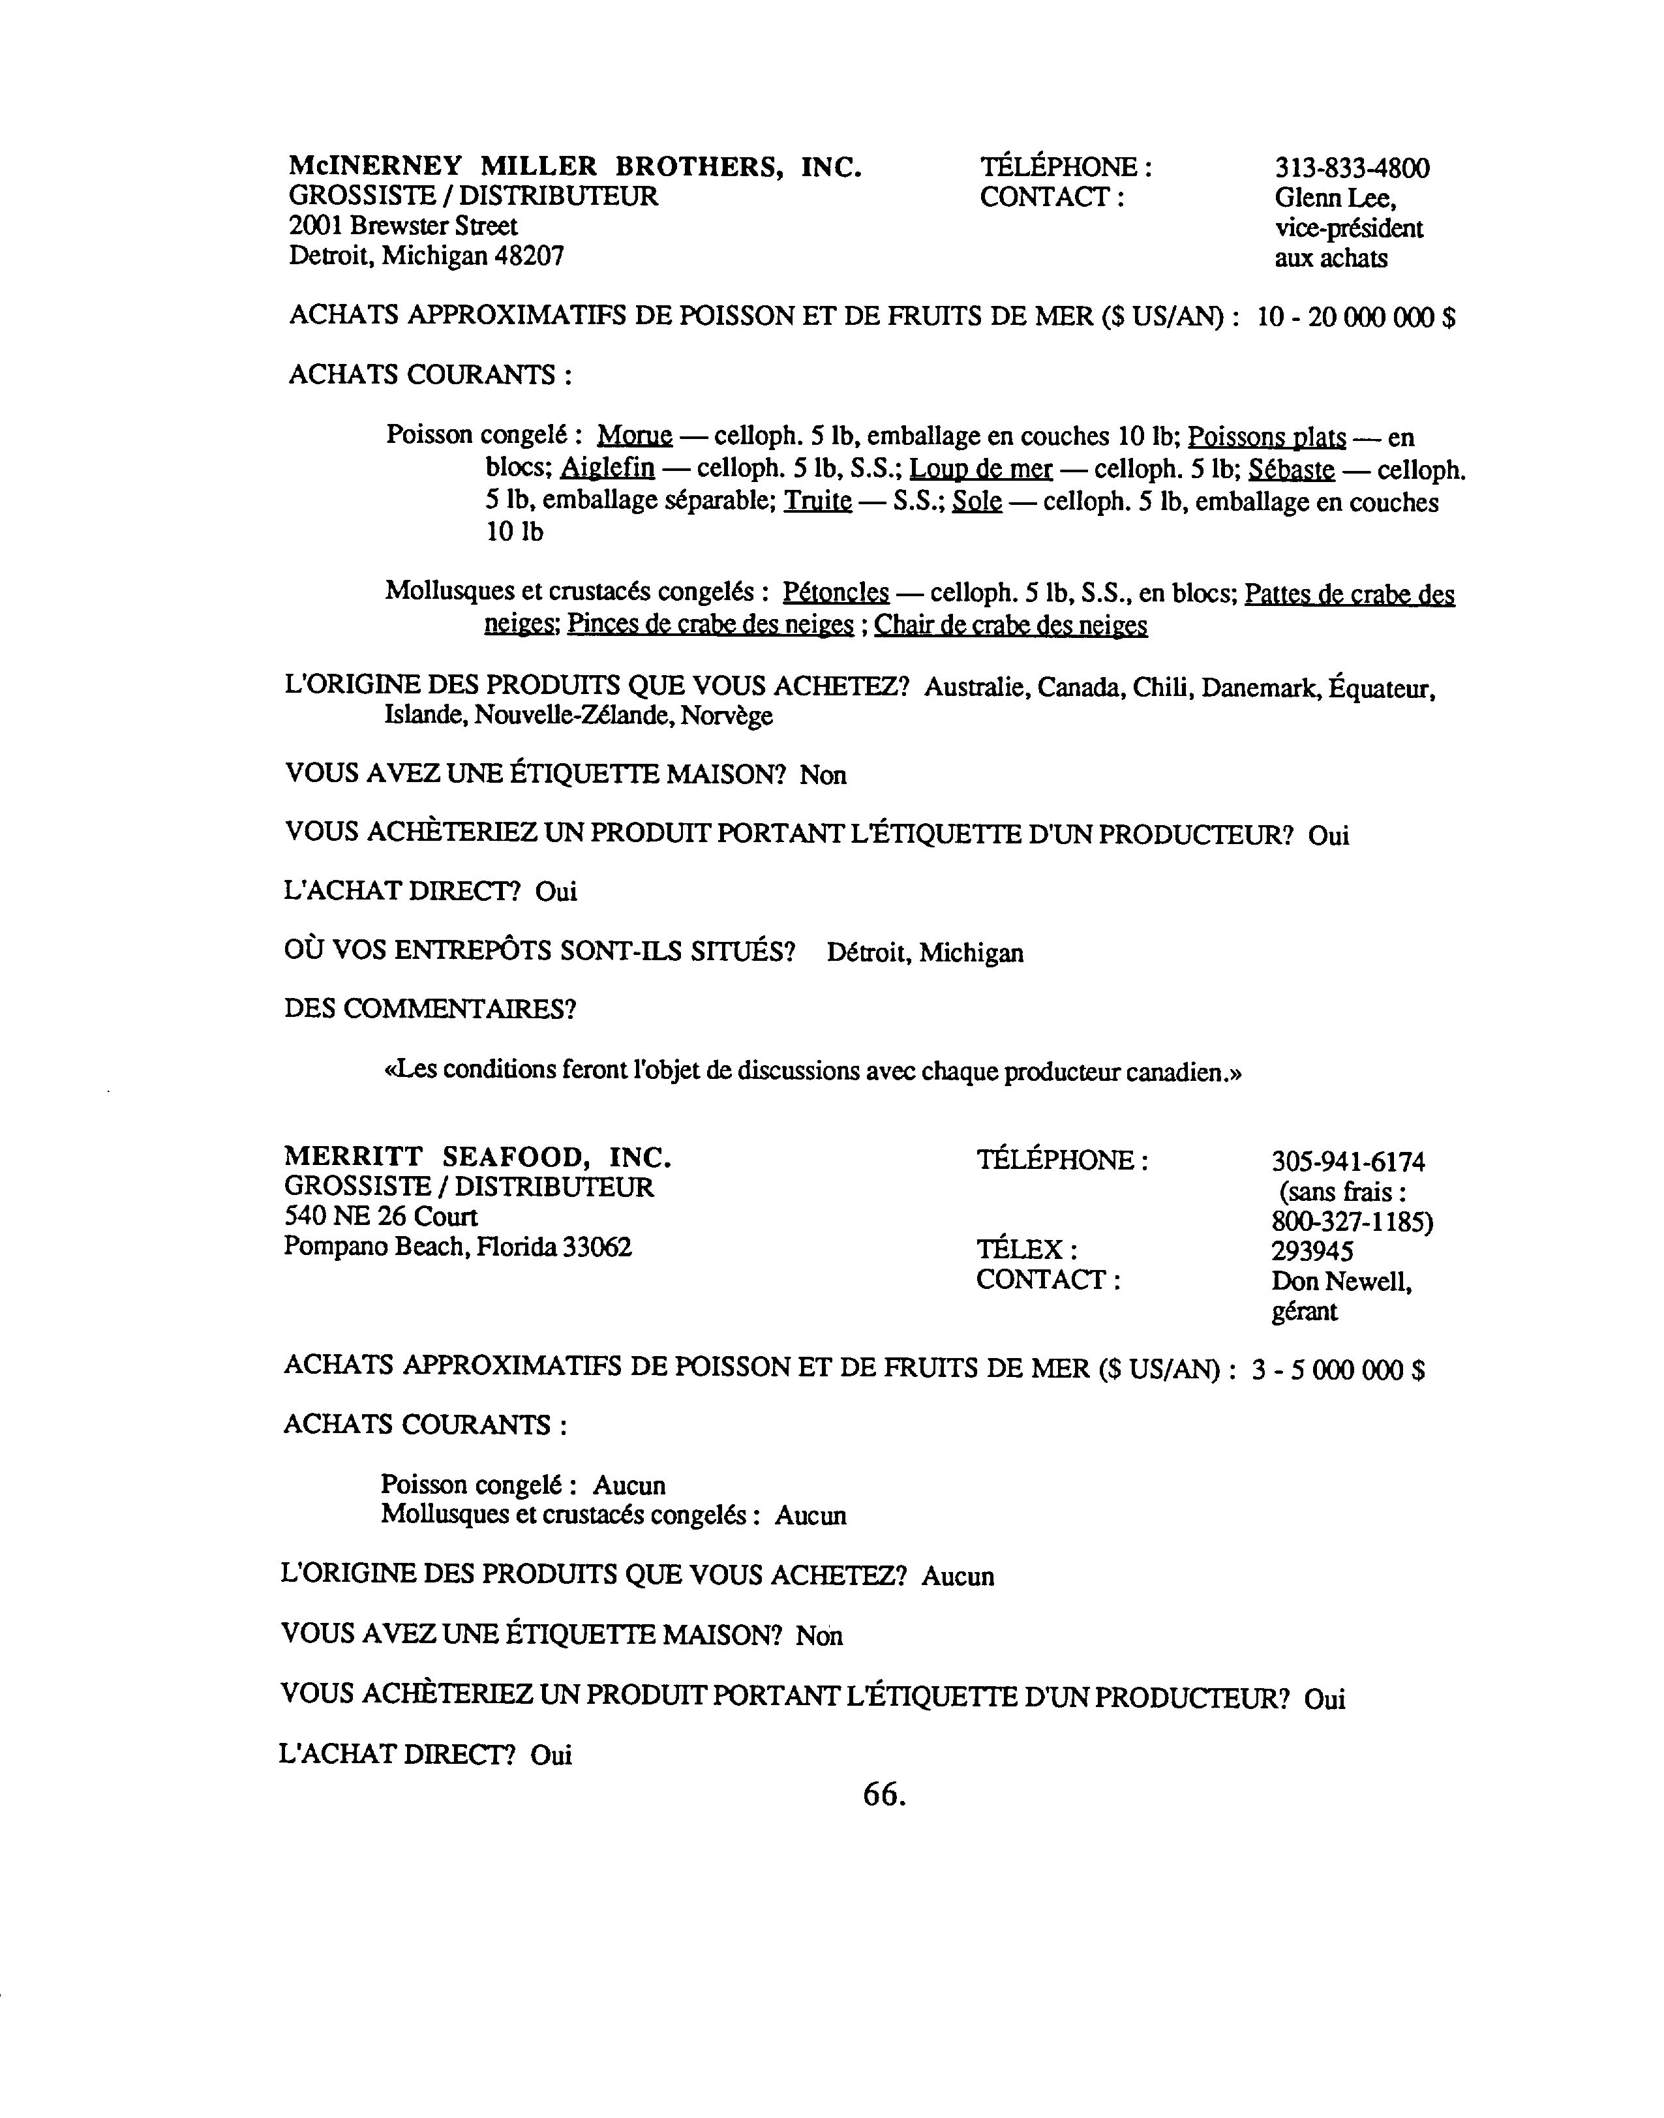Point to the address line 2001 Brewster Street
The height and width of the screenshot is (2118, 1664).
point(402,226)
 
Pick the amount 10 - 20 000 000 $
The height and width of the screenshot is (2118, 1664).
point(1356,318)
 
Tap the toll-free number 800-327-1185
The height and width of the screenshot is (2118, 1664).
point(1352,1222)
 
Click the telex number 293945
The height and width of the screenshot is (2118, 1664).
point(1312,1251)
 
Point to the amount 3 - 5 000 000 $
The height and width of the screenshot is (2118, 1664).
point(1338,1370)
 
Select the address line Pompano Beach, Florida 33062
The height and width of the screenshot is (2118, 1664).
point(458,1247)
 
